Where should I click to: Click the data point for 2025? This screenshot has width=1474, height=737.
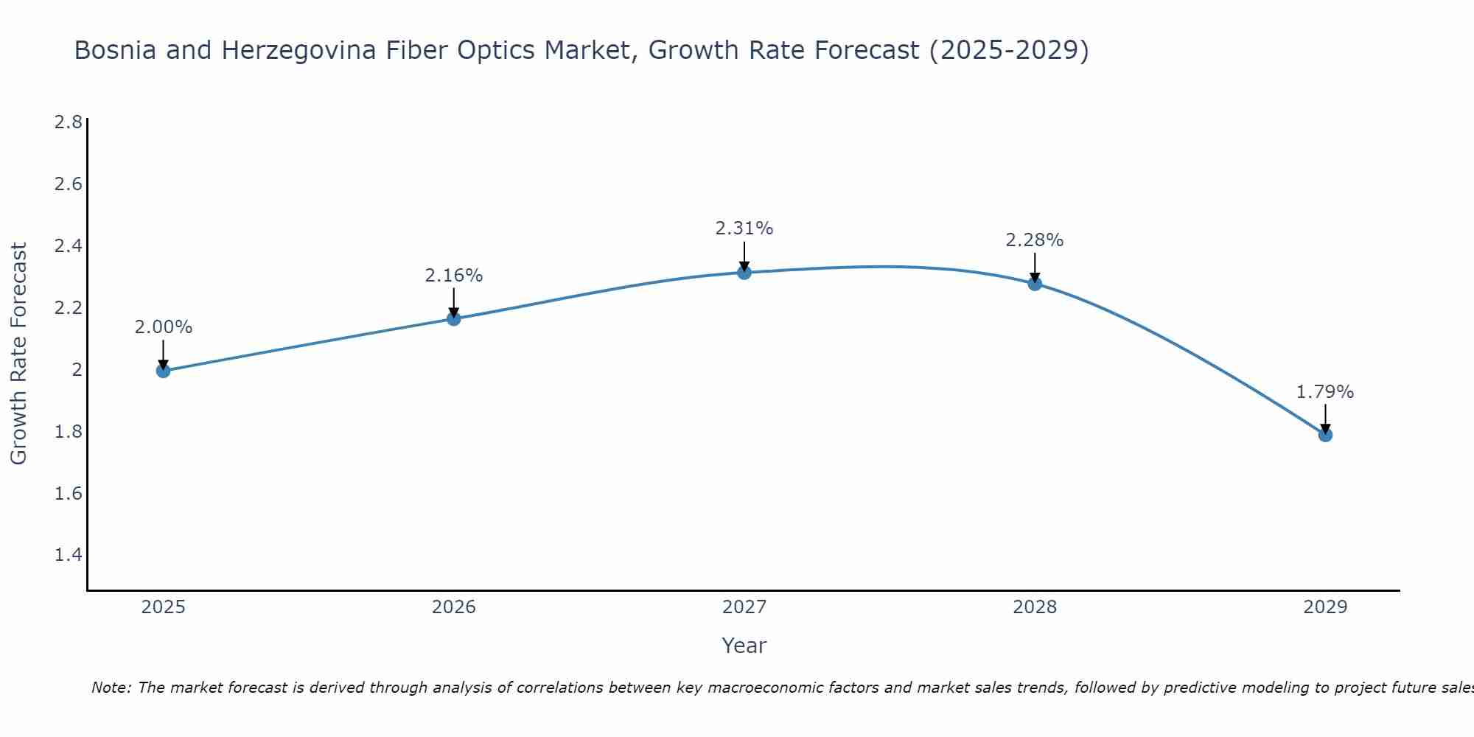pyautogui.click(x=163, y=371)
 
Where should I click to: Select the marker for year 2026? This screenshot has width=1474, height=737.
pyautogui.click(x=454, y=318)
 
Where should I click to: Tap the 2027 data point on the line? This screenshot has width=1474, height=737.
pyautogui.click(x=744, y=273)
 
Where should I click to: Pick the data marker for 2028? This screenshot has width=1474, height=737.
pyautogui.click(x=1035, y=283)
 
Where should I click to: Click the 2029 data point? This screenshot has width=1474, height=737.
pyautogui.click(x=1325, y=435)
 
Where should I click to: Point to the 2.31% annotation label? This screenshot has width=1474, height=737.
pyautogui.click(x=744, y=228)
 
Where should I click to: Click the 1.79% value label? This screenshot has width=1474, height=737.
pyautogui.click(x=1325, y=392)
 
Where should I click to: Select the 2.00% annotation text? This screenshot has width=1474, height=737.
pyautogui.click(x=163, y=327)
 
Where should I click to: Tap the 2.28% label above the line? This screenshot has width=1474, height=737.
pyautogui.click(x=1035, y=240)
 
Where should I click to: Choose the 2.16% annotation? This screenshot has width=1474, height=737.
pyautogui.click(x=454, y=276)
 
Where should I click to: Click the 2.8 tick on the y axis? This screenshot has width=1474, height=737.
pyautogui.click(x=69, y=122)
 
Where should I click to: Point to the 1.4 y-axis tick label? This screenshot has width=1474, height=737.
pyautogui.click(x=69, y=555)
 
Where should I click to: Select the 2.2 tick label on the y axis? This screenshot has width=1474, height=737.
pyautogui.click(x=69, y=307)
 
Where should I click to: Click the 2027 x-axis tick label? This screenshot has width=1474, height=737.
pyautogui.click(x=744, y=607)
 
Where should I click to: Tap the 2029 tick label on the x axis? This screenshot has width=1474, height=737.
pyautogui.click(x=1325, y=607)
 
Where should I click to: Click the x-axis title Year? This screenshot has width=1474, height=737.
pyautogui.click(x=744, y=646)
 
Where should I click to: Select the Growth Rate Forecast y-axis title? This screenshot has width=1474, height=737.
pyautogui.click(x=18, y=354)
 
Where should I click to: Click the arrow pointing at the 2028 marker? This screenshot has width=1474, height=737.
pyautogui.click(x=1035, y=267)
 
